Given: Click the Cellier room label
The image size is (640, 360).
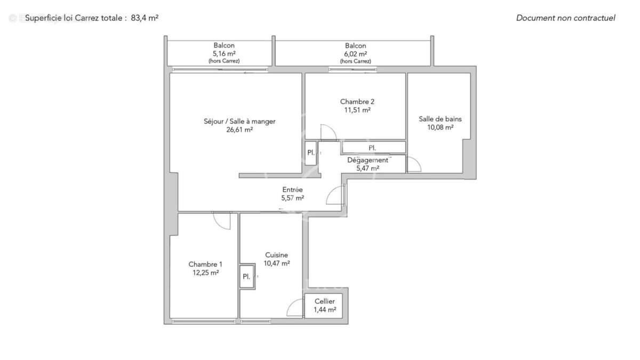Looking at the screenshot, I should [324, 302].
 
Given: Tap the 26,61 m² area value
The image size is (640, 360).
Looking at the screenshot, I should [239, 129].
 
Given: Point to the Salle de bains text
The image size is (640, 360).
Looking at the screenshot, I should [440, 119].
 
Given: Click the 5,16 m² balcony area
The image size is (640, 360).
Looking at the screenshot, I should [224, 53].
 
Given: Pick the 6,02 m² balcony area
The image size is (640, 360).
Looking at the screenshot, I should [355, 53].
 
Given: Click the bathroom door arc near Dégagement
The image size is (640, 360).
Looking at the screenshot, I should [413, 164].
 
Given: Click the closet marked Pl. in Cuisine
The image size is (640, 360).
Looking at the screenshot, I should [246, 276].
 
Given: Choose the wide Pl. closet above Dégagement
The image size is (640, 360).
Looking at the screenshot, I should [373, 147].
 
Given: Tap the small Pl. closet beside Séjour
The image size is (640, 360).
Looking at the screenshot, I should [310, 153].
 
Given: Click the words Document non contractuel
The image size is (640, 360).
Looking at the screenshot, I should [565, 18].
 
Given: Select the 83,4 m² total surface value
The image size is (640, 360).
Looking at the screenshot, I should [145, 18].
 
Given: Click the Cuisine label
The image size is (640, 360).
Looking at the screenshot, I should [276, 255].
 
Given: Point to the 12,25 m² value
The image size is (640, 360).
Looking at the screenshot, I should [206, 273].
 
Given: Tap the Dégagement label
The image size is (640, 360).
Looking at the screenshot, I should [367, 160].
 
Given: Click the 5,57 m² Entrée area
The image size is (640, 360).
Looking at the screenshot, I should [292, 198].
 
